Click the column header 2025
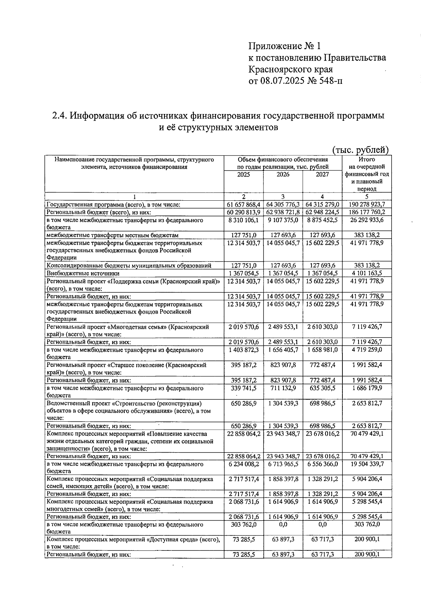(x=243, y=175)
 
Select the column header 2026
(x=283, y=175)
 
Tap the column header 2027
(x=322, y=175)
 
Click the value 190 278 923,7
(x=367, y=205)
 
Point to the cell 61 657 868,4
(x=244, y=205)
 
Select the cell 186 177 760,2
(x=367, y=212)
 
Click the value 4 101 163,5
(x=367, y=273)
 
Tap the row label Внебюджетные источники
(x=83, y=273)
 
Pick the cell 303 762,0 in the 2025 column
(x=244, y=524)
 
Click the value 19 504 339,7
(x=367, y=464)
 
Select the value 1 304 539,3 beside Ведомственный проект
(x=283, y=403)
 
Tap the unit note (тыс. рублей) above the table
(x=360, y=150)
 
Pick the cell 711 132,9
(x=283, y=388)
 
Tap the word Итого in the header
(x=367, y=160)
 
